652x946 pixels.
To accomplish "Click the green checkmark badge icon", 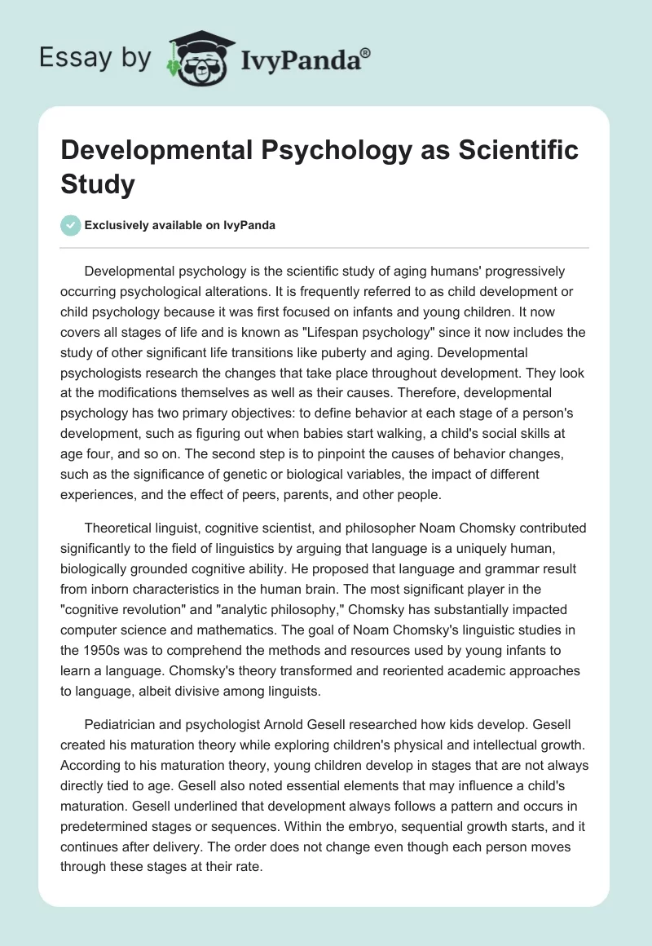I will pyautogui.click(x=71, y=225).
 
